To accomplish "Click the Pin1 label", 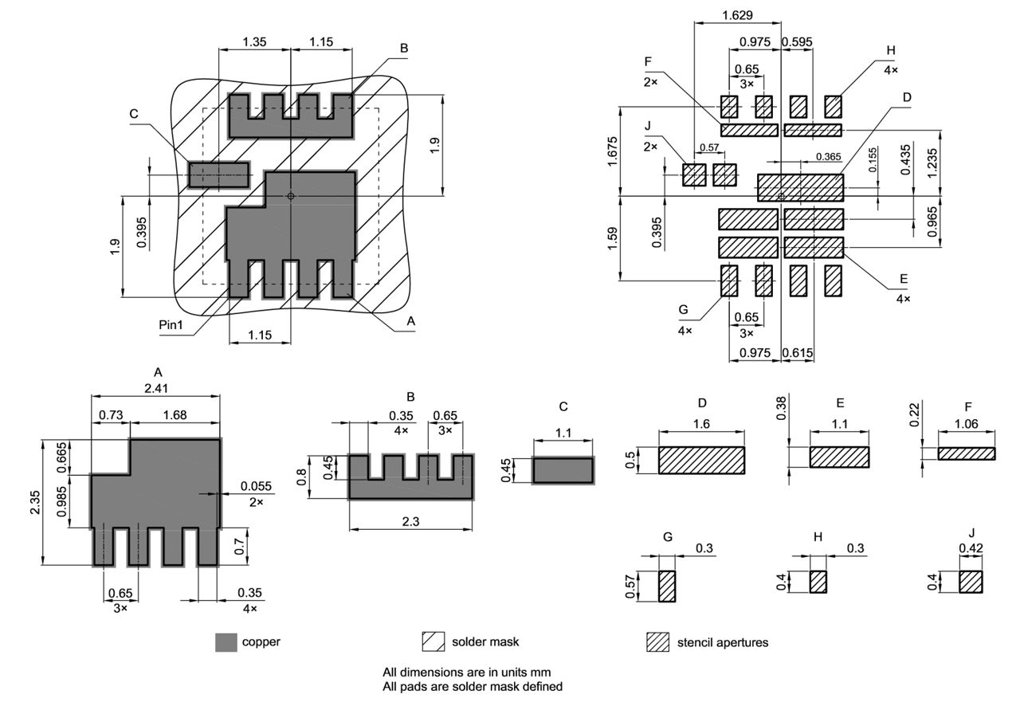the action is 171,324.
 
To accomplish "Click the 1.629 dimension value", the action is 737,15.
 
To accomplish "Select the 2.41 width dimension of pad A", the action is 156,388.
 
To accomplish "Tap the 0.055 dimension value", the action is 256,486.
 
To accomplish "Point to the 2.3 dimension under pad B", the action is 410,521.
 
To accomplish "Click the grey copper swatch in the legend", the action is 226,642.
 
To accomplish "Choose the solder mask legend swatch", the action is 433,642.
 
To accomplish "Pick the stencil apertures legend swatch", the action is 657,642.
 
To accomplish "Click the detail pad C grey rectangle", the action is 563,470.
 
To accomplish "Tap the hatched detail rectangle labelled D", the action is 702,461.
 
